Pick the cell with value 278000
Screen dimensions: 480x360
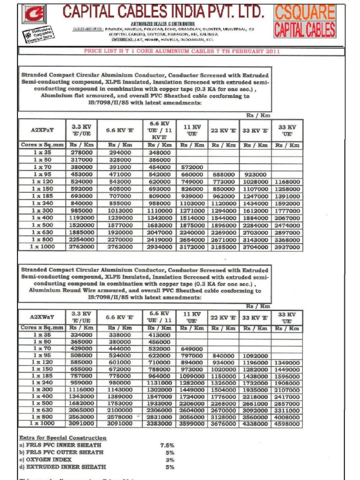pyautogui.click(x=82, y=153)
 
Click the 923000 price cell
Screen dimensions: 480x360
pyautogui.click(x=255, y=174)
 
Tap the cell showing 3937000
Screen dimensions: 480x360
pyautogui.click(x=287, y=247)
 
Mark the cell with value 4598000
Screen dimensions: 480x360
pyautogui.click(x=287, y=424)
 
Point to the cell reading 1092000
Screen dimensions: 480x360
pyautogui.click(x=255, y=356)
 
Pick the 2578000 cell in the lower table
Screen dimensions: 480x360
pyautogui.click(x=120, y=417)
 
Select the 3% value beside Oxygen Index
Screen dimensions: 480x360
pyautogui.click(x=170, y=460)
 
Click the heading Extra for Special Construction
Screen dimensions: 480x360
pyautogui.click(x=62, y=438)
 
